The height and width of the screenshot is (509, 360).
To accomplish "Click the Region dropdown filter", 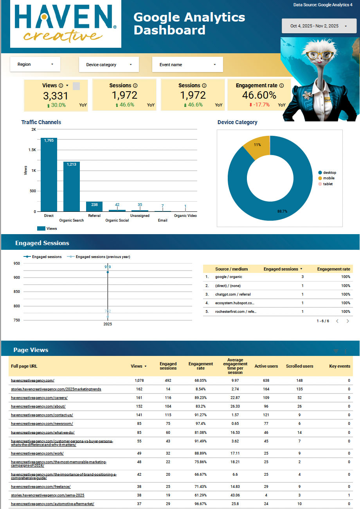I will (35, 65).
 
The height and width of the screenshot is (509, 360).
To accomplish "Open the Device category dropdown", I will (109, 65).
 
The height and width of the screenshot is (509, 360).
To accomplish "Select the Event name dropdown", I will (187, 65).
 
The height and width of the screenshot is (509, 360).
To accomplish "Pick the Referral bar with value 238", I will (94, 206).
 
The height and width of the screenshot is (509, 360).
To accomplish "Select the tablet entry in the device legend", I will (328, 184).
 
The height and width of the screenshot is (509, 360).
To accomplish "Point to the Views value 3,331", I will (56, 96).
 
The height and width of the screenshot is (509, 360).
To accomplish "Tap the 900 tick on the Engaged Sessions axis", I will (16, 278).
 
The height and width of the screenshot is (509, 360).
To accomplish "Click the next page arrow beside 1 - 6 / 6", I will (347, 321).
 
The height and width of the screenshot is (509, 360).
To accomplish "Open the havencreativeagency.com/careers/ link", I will (39, 398).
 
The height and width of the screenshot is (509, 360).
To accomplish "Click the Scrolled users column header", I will (299, 366).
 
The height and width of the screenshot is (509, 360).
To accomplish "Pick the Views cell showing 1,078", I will (139, 381).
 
